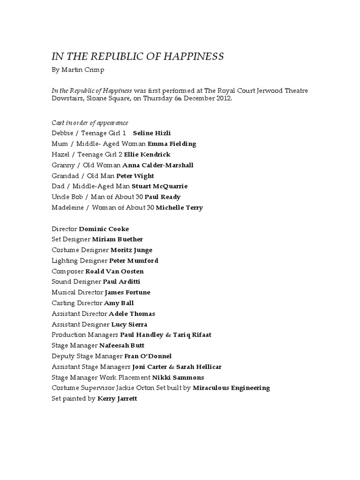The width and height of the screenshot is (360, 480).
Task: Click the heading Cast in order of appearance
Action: point(90,123)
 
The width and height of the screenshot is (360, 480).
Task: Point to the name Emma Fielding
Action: point(172,144)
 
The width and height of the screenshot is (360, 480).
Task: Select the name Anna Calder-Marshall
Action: point(157,165)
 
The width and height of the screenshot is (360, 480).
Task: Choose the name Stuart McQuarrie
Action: point(159,187)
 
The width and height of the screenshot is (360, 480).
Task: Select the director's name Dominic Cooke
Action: point(104,229)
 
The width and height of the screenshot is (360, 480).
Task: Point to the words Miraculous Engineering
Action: point(231,388)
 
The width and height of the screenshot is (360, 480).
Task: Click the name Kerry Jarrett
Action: point(117,399)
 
